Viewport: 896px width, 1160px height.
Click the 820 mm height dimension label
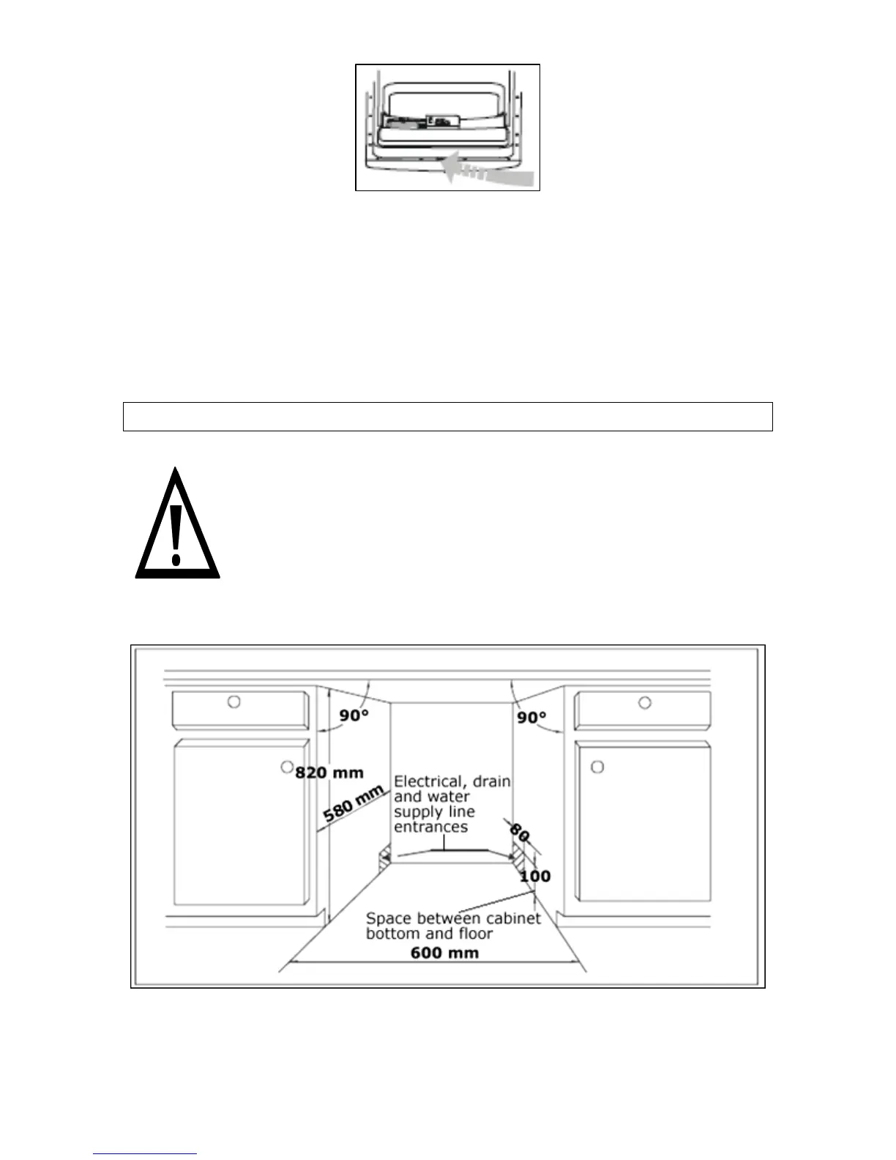pos(329,772)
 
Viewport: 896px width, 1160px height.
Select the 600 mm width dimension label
pos(444,952)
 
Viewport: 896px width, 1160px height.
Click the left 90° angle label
pos(353,715)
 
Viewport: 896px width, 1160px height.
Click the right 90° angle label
pos(532,717)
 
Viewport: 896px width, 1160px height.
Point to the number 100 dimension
pos(534,876)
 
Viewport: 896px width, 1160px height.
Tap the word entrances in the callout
pos(430,827)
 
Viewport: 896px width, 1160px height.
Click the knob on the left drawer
pos(234,702)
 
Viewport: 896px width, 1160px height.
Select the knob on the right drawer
pos(645,702)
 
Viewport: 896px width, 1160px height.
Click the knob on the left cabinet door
pos(286,767)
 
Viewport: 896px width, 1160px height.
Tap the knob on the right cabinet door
pos(597,767)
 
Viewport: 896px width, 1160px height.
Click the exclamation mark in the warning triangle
pos(176,533)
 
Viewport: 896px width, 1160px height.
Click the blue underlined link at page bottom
pos(145,1154)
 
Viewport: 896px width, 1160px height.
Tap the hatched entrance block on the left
pos(383,858)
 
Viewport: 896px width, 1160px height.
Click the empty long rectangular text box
pos(447,416)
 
